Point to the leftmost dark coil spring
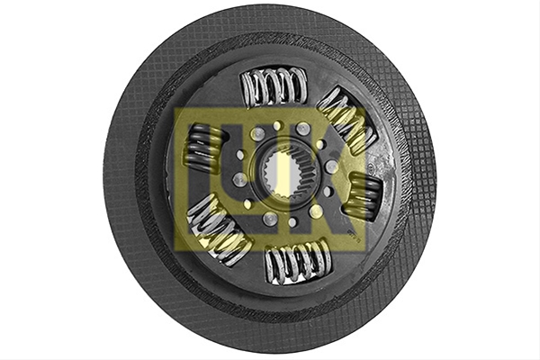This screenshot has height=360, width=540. [x=204, y=148]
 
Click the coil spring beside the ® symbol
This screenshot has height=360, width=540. [x=365, y=195]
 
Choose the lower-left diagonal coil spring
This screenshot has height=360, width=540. [x=218, y=230]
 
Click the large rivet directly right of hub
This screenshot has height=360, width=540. [x=332, y=166]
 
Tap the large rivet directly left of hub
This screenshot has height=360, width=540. [x=239, y=179]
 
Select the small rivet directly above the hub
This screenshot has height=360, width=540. [x=277, y=126]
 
